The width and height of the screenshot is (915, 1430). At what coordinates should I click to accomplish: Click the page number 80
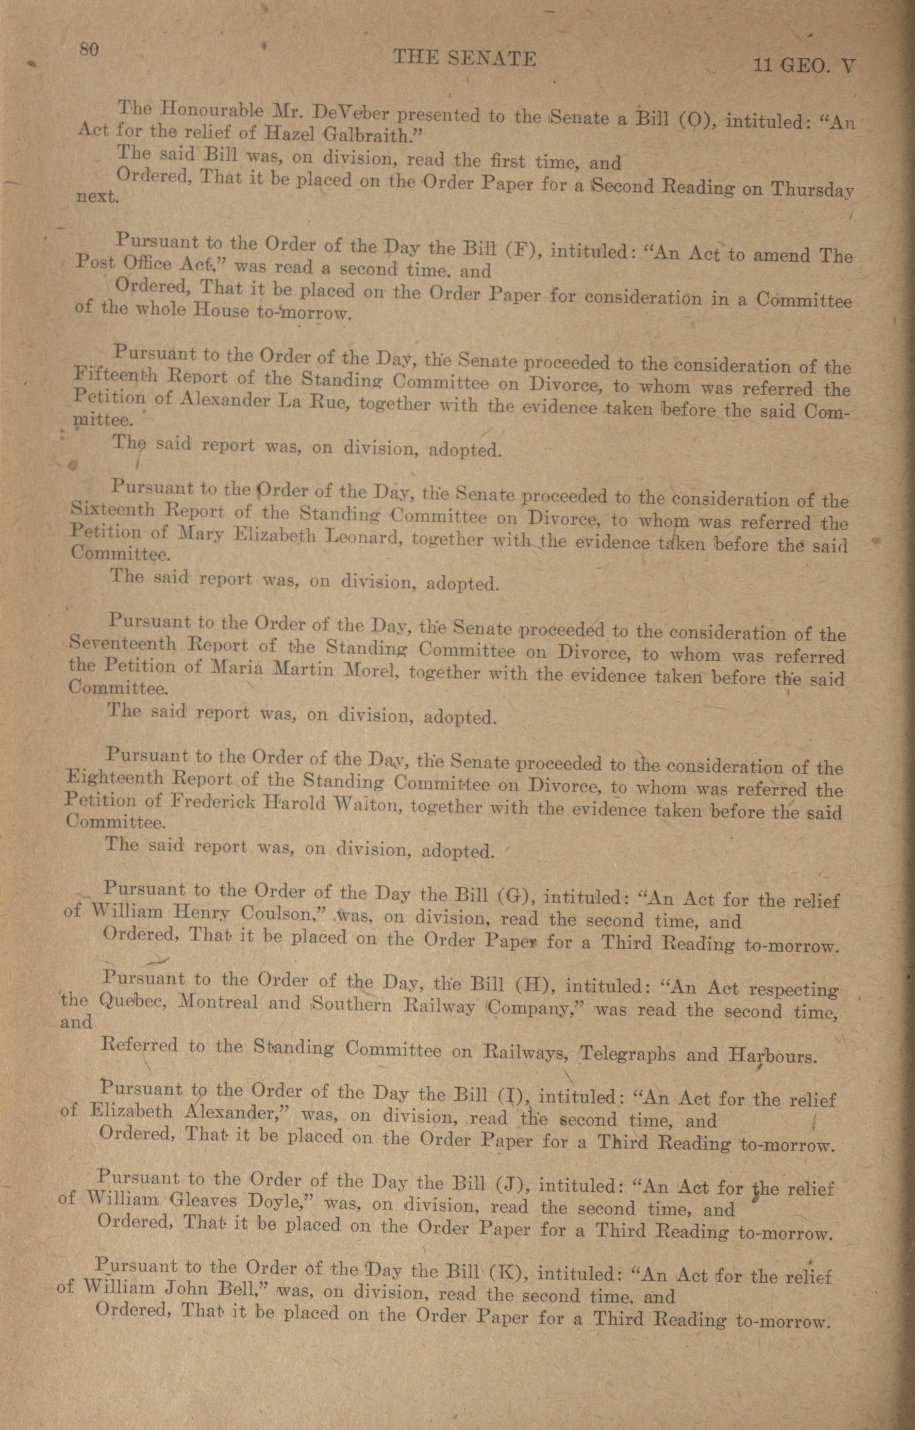click(89, 50)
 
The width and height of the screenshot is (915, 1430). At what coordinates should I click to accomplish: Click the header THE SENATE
click(464, 58)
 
